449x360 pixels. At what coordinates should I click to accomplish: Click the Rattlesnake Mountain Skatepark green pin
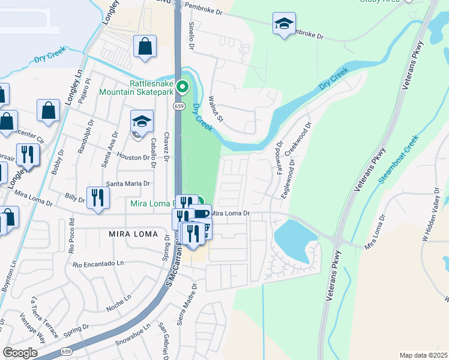pos(185,87)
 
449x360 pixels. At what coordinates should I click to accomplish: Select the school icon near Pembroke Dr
pos(283,25)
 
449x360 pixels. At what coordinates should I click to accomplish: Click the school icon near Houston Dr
pos(142,122)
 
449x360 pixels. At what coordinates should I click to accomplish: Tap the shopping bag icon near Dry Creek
pos(145,47)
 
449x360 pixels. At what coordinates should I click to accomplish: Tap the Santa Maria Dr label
pos(127,184)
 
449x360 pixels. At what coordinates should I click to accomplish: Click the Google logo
pos(20,353)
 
